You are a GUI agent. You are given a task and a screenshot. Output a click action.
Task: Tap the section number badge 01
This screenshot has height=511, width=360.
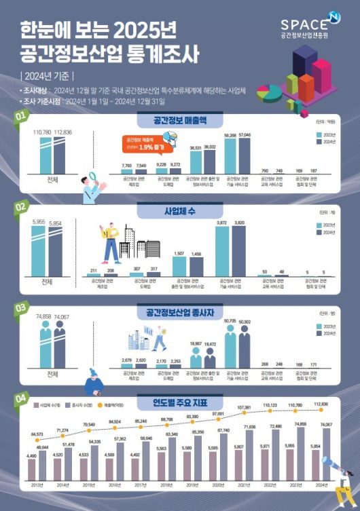[21, 117]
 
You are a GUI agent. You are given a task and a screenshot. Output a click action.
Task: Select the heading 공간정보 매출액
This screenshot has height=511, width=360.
[180, 121]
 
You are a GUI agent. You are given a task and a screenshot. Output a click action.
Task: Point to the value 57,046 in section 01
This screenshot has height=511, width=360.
[245, 135]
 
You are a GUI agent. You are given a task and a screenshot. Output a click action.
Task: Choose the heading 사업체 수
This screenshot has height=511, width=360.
[180, 210]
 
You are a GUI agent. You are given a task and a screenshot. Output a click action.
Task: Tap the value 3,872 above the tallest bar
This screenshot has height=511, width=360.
[223, 223]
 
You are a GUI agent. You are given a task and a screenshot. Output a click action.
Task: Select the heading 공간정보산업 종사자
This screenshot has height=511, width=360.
[180, 314]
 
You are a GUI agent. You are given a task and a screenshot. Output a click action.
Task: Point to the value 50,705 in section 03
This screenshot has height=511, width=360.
[229, 320]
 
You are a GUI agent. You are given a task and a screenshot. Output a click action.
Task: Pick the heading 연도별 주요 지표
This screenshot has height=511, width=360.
[180, 403]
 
